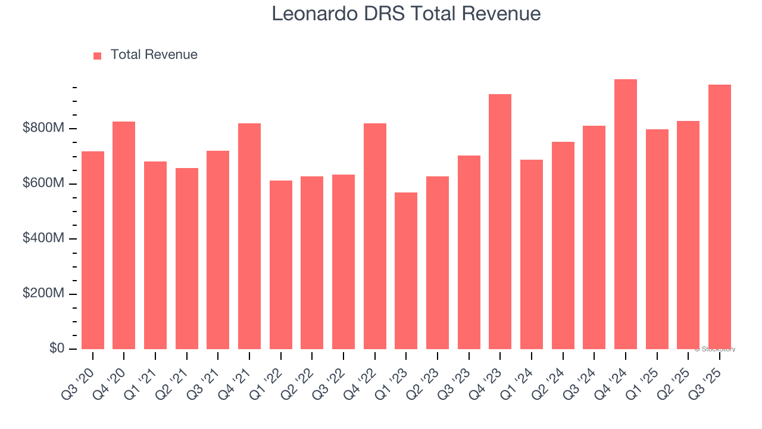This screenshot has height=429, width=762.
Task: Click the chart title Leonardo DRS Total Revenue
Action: (406, 14)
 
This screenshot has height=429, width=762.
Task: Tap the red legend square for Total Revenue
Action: (98, 55)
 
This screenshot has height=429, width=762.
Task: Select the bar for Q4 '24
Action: (626, 214)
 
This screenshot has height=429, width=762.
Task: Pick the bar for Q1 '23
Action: (406, 271)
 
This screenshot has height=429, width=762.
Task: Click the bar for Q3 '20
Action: (93, 250)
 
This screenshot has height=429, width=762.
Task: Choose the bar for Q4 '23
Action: (500, 222)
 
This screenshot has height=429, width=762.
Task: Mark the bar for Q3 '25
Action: (720, 217)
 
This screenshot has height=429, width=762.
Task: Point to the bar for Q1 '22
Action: (281, 265)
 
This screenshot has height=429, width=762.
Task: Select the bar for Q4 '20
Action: (124, 235)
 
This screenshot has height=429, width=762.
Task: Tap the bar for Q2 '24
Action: (563, 245)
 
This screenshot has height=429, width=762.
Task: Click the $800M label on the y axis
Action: (43, 128)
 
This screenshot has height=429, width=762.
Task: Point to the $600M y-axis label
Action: (43, 184)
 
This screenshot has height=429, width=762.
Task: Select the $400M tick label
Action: (43, 238)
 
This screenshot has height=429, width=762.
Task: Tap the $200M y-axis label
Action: (43, 294)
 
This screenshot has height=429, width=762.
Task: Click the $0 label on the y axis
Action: (57, 349)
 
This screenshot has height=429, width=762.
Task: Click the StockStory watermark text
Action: (715, 349)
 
